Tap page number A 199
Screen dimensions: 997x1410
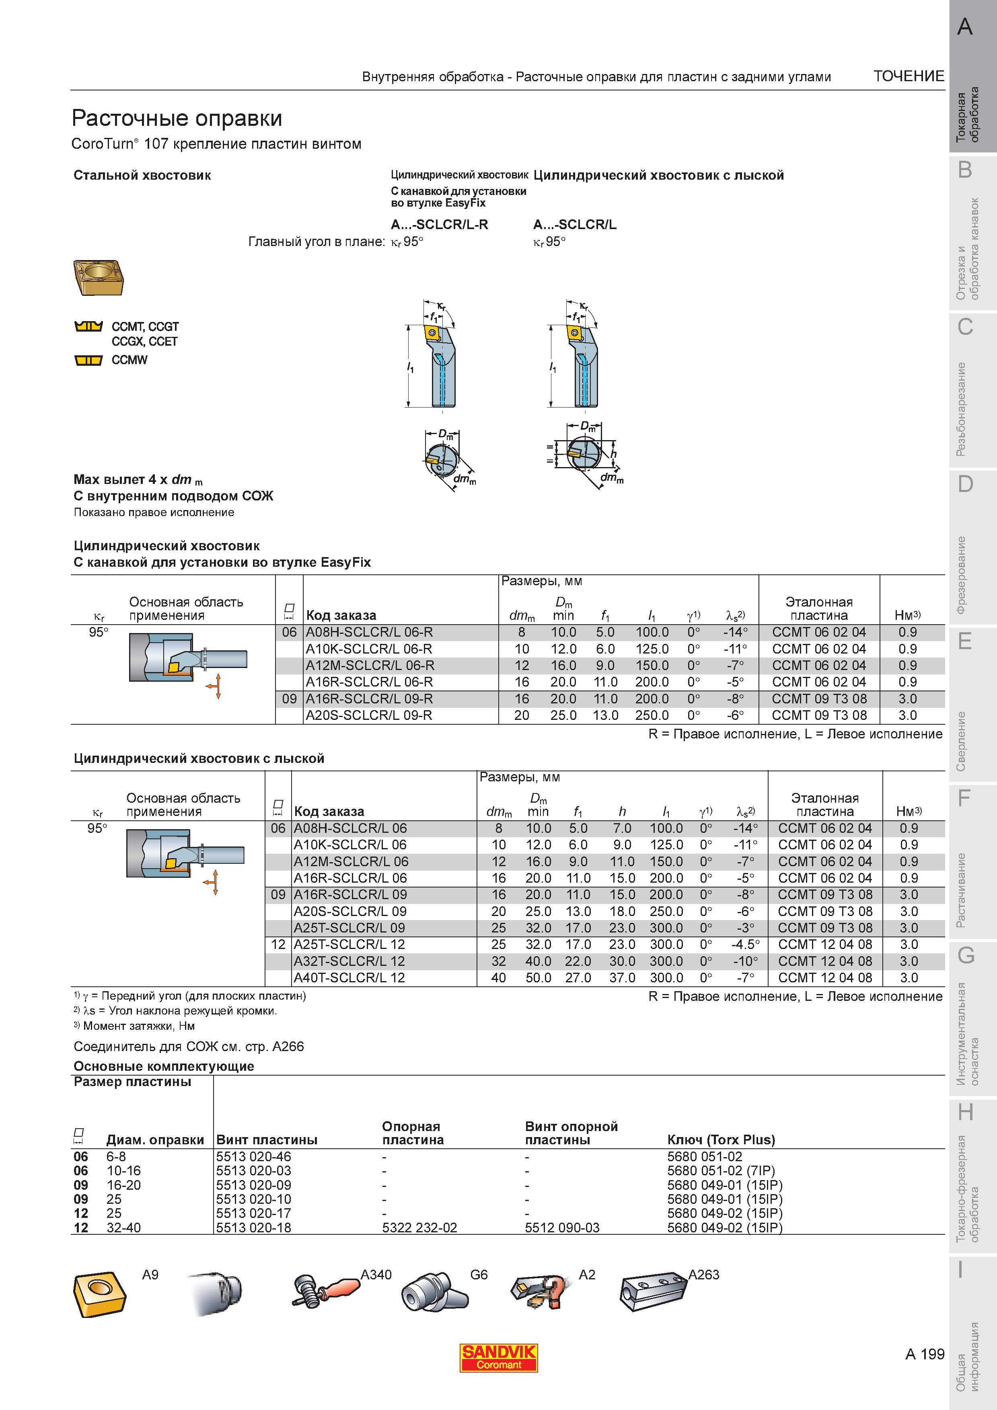pyautogui.click(x=925, y=1354)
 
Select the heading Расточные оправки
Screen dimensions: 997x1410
pyautogui.click(x=177, y=117)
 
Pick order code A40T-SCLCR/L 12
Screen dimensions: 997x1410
pyautogui.click(x=349, y=978)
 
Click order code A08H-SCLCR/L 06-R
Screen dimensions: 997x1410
pyautogui.click(x=369, y=632)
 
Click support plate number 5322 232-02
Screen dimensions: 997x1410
pyautogui.click(x=419, y=1228)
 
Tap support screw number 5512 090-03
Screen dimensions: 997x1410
pyautogui.click(x=562, y=1228)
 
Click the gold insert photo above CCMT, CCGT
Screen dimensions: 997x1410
pyautogui.click(x=100, y=278)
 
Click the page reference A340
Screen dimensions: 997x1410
pyautogui.click(x=376, y=1275)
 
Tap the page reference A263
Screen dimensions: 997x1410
pyautogui.click(x=703, y=1275)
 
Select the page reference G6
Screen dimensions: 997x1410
pyautogui.click(x=479, y=1275)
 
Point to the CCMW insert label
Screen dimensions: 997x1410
pyautogui.click(x=130, y=360)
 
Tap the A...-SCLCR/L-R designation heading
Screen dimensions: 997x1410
pyautogui.click(x=439, y=224)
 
